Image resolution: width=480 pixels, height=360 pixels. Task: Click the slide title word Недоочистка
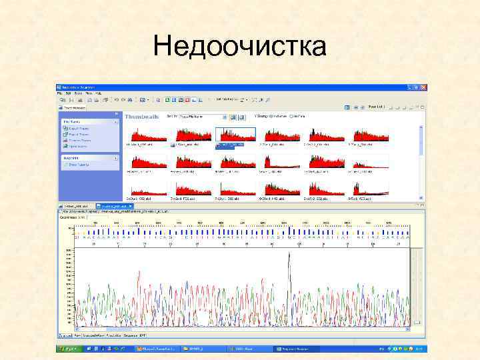[239, 47]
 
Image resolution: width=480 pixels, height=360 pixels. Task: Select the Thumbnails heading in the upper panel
[142, 116]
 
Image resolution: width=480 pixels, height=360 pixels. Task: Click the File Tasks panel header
[89, 122]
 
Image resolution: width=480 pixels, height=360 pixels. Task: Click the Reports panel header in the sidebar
[89, 158]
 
